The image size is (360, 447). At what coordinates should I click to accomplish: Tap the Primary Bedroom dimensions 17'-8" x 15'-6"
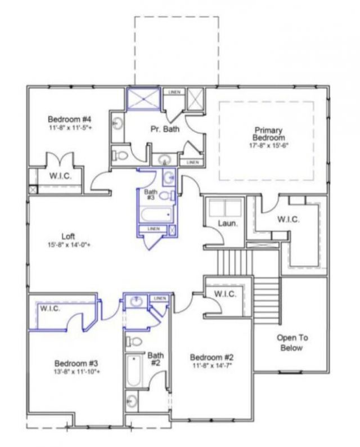(x=268, y=145)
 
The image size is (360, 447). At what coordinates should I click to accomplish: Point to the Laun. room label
(x=217, y=223)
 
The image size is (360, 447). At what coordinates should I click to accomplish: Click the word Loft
(x=69, y=236)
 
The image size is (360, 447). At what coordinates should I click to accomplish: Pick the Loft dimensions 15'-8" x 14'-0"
(x=69, y=245)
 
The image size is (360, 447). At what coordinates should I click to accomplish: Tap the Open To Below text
(x=290, y=343)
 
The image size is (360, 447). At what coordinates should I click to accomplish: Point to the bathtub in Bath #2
(x=133, y=371)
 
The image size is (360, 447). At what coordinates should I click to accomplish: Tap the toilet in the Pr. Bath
(x=120, y=155)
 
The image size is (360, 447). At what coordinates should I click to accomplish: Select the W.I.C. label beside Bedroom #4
(x=60, y=176)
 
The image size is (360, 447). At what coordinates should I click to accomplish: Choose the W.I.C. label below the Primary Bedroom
(x=287, y=219)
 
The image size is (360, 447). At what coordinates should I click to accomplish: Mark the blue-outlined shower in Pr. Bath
(x=143, y=99)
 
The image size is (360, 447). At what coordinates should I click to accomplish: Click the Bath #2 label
(x=156, y=359)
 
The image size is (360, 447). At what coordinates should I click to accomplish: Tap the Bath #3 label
(x=150, y=195)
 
